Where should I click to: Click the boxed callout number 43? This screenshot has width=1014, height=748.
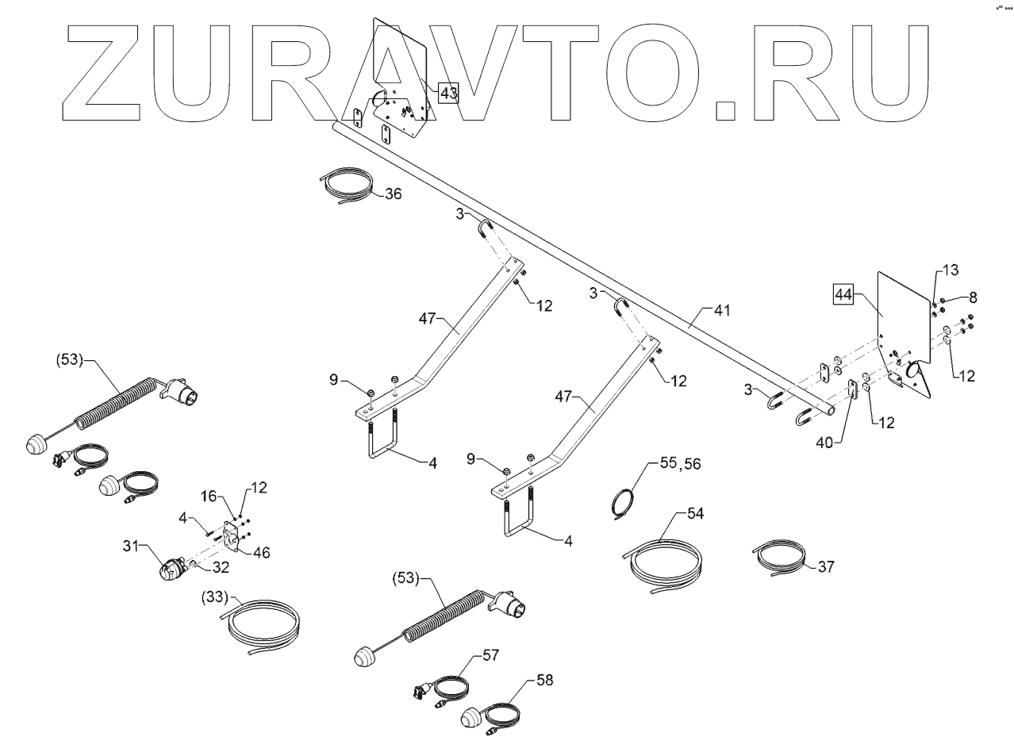click(x=448, y=94)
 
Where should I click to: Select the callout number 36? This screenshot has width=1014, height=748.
click(x=394, y=194)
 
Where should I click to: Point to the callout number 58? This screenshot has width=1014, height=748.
click(x=544, y=680)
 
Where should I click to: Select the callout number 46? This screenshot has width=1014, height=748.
click(x=260, y=552)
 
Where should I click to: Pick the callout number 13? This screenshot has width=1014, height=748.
click(x=951, y=270)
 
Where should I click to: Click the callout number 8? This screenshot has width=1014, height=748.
click(x=973, y=297)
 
